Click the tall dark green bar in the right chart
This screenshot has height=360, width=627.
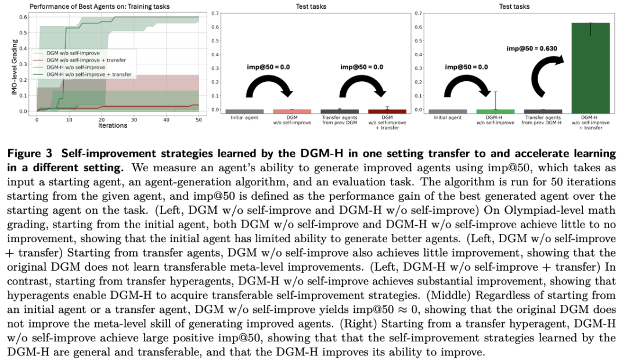pyautogui.click(x=591, y=69)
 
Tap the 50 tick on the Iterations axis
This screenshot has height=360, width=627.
pyautogui.click(x=198, y=119)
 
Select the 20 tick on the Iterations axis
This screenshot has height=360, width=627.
pyautogui.click(x=101, y=119)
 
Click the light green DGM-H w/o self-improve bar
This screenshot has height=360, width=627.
pyautogui.click(x=495, y=111)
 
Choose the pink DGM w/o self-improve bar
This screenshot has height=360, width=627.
pyautogui.click(x=292, y=111)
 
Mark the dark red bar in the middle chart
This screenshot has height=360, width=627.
pyautogui.click(x=387, y=111)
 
